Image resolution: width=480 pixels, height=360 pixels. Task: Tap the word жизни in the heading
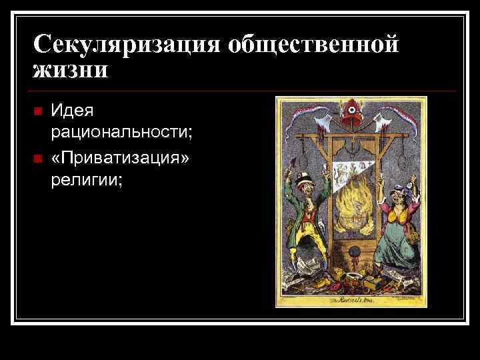pos(69,70)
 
